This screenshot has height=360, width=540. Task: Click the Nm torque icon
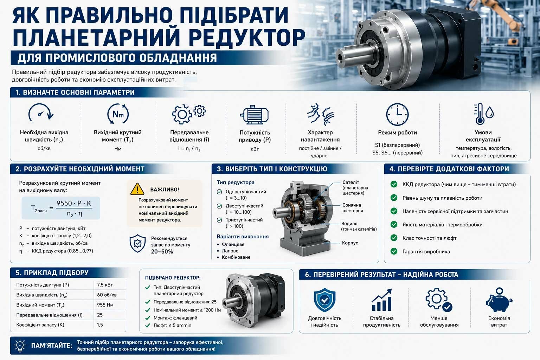(x=118, y=114)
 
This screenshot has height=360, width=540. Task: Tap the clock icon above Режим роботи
(x=397, y=115)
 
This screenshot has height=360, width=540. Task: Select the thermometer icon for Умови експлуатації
(x=480, y=114)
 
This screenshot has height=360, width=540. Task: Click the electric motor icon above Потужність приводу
(x=254, y=115)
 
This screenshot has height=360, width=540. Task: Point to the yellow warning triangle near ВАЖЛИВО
(x=137, y=189)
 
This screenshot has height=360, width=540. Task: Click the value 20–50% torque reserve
(x=162, y=252)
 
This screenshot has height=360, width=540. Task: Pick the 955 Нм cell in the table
(x=105, y=305)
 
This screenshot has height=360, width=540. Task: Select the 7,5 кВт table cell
(x=105, y=285)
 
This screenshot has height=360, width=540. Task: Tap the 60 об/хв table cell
(x=107, y=295)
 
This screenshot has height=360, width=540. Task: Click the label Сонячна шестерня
(x=352, y=208)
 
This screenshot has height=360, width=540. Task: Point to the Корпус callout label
(x=350, y=243)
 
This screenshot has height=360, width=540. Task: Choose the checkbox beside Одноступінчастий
(x=219, y=192)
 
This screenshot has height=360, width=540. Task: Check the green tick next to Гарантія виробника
(x=394, y=251)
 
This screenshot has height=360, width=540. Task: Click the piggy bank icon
(x=499, y=300)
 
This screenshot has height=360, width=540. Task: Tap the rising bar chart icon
(x=381, y=300)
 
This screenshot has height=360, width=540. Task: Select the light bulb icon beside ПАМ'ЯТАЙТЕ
(x=20, y=346)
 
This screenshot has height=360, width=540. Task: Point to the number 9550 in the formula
(x=64, y=203)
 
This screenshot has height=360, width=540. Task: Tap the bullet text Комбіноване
(x=236, y=257)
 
